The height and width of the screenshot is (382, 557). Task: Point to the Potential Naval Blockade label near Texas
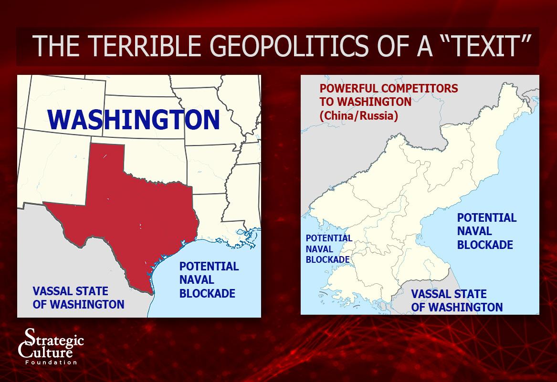coord(209,280)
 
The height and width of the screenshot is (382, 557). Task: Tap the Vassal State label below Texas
coord(78,298)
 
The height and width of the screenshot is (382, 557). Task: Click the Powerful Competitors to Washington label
coord(389,95)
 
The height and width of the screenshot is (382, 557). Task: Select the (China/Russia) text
coord(358,116)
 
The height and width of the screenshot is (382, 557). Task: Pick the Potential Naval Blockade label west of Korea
coord(328,249)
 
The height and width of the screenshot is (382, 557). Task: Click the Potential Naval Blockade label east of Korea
coord(486,231)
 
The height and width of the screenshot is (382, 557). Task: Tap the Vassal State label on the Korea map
coord(457,300)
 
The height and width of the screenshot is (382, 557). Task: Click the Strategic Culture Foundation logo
coord(51,346)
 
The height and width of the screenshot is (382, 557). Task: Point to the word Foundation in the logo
coord(51,362)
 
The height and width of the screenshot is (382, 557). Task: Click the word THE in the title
coord(56,46)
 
